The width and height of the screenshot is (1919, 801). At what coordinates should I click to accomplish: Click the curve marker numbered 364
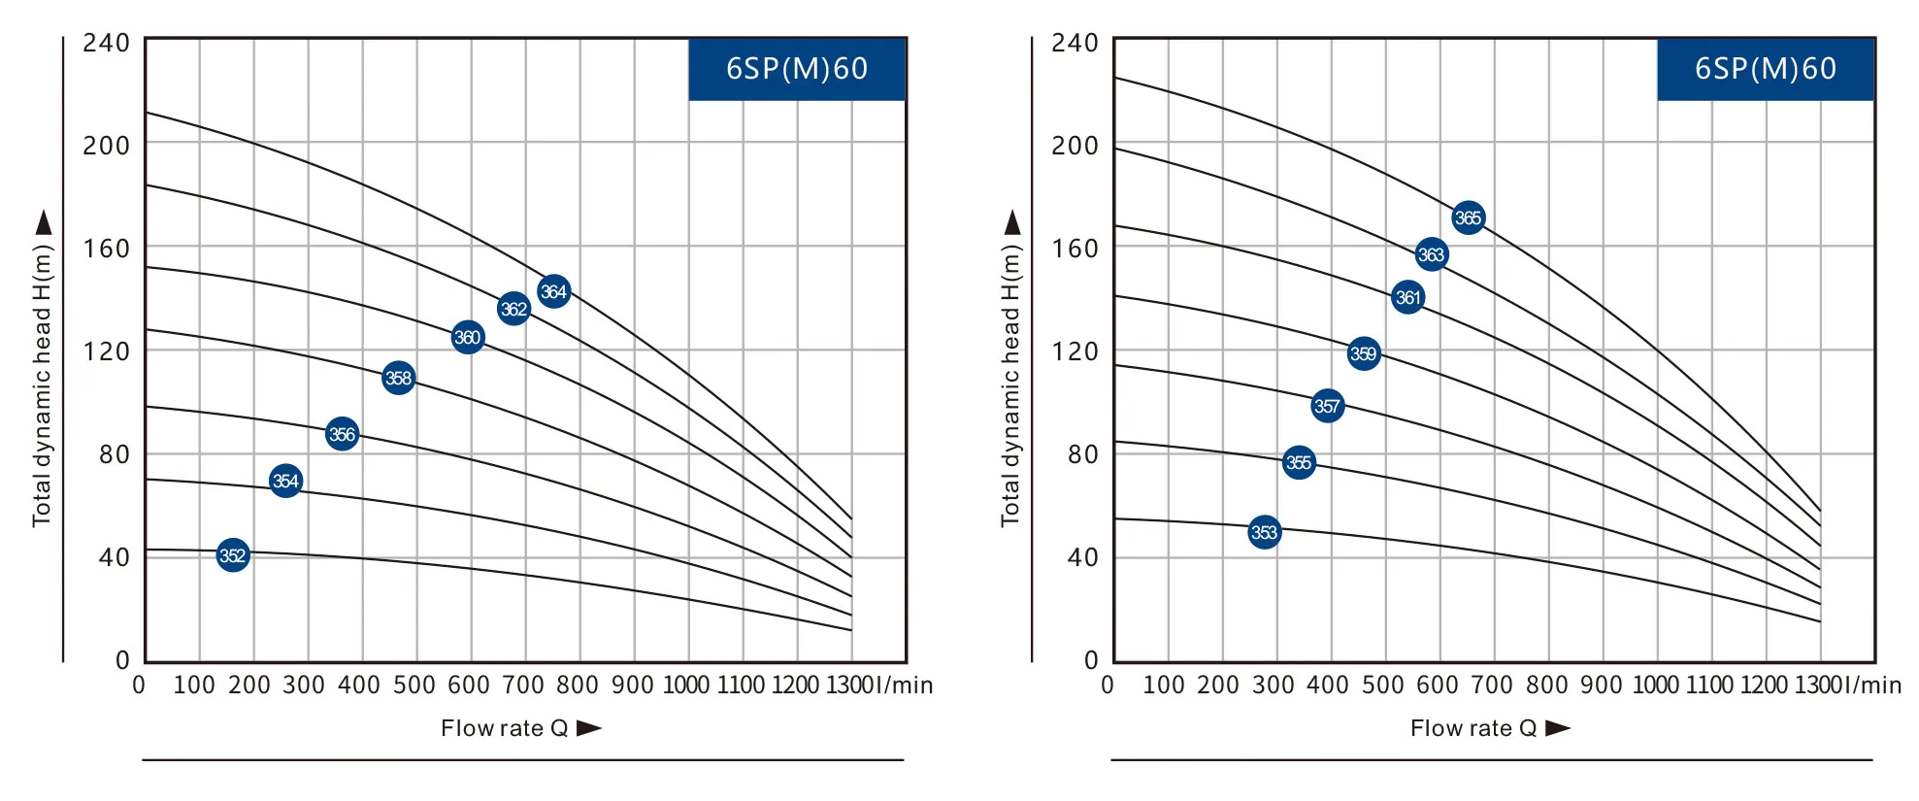[x=553, y=291]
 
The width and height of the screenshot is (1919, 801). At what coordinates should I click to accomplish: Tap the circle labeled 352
[x=233, y=555]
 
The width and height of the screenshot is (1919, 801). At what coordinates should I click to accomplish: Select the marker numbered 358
[x=399, y=378]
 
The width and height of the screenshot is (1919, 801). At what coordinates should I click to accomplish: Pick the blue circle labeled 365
[x=1468, y=217]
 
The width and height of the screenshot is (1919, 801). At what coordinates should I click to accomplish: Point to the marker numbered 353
[x=1264, y=532]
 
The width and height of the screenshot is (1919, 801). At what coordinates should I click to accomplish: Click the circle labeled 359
[x=1363, y=353]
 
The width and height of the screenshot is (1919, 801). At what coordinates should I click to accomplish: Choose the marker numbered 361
[x=1407, y=297]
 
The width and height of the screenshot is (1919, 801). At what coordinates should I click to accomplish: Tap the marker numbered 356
[x=342, y=434]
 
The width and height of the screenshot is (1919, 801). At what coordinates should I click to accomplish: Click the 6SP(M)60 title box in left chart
[x=797, y=69]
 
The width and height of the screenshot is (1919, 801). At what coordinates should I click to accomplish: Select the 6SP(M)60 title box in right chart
[x=1765, y=69]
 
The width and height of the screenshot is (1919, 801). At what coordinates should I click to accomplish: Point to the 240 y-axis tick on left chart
[x=106, y=43]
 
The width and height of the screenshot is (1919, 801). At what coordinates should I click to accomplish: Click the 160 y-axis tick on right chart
[x=1075, y=249]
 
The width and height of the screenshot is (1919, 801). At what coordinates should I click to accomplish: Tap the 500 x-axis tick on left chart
[x=414, y=685]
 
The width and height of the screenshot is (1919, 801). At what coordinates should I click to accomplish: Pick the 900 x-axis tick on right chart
[x=1601, y=685]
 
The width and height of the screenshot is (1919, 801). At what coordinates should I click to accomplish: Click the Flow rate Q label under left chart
[x=504, y=728]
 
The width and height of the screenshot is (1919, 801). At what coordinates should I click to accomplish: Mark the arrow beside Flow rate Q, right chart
[x=1557, y=728]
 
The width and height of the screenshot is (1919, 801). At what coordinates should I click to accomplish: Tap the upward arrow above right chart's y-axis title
[x=1012, y=222]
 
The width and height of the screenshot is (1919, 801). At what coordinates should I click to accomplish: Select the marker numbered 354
[x=285, y=481]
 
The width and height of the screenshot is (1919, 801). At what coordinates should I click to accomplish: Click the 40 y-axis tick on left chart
[x=114, y=557]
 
